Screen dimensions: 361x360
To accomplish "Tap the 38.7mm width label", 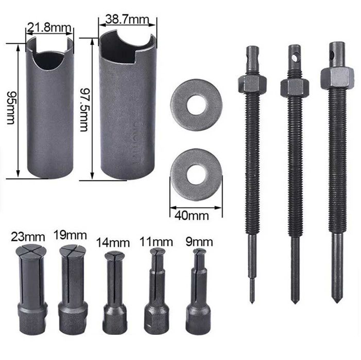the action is [127, 20].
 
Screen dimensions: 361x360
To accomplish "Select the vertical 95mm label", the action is [11, 108].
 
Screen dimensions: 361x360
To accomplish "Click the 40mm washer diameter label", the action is [192, 215].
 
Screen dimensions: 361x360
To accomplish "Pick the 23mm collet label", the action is [28, 237].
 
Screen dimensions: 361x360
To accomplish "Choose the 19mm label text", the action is [70, 235].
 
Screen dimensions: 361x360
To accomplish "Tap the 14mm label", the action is [113, 243].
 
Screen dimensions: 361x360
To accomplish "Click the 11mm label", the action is [156, 242].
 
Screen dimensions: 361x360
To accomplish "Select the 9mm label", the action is [199, 242].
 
